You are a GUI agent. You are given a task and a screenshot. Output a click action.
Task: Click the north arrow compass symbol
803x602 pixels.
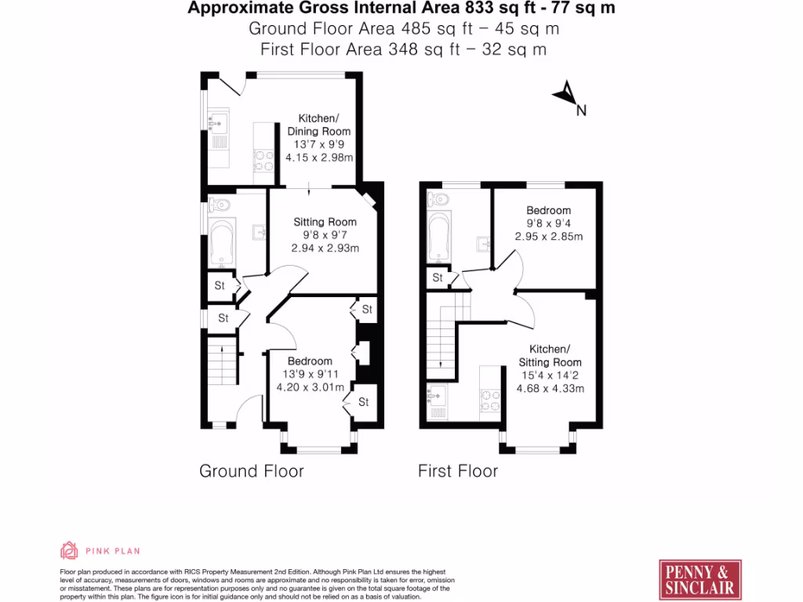[567, 96]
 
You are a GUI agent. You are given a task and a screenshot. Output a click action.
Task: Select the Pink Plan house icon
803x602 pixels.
[70, 550]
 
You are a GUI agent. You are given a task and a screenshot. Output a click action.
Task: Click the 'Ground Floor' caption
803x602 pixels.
[251, 471]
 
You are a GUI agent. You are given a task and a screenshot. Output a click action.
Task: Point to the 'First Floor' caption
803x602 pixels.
[458, 471]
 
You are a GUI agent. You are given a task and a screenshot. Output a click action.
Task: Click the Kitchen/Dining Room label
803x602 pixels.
[318, 125]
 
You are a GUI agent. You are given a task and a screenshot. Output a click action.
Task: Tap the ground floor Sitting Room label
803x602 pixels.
[325, 222]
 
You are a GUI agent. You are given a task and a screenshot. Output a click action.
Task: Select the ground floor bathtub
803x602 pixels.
[222, 242]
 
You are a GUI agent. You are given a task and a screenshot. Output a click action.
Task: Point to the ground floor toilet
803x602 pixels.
[220, 205]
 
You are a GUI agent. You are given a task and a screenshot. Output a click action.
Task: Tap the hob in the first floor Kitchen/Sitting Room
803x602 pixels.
[491, 401]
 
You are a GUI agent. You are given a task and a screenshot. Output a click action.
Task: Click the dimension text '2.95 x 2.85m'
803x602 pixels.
[548, 236]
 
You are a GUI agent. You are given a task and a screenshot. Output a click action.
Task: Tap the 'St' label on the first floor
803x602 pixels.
[438, 278]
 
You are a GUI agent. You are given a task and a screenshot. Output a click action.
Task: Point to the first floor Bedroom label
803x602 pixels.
[548, 210]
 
